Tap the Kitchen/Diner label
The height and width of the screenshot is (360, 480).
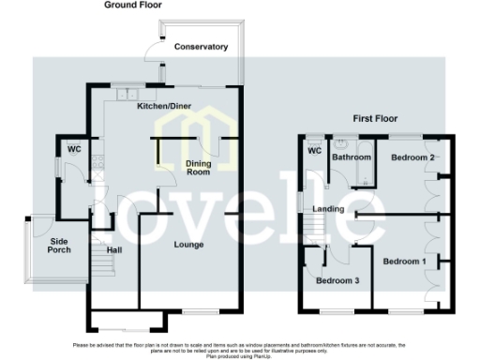tap(164, 107)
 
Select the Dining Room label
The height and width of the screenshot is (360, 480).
tap(197, 169)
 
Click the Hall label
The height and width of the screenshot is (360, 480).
tap(113, 250)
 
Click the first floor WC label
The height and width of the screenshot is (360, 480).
tap(314, 150)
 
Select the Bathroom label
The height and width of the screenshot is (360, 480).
tap(352, 157)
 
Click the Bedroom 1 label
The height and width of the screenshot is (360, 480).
tap(404, 261)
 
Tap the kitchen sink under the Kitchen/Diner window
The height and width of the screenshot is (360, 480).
tap(125, 94)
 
